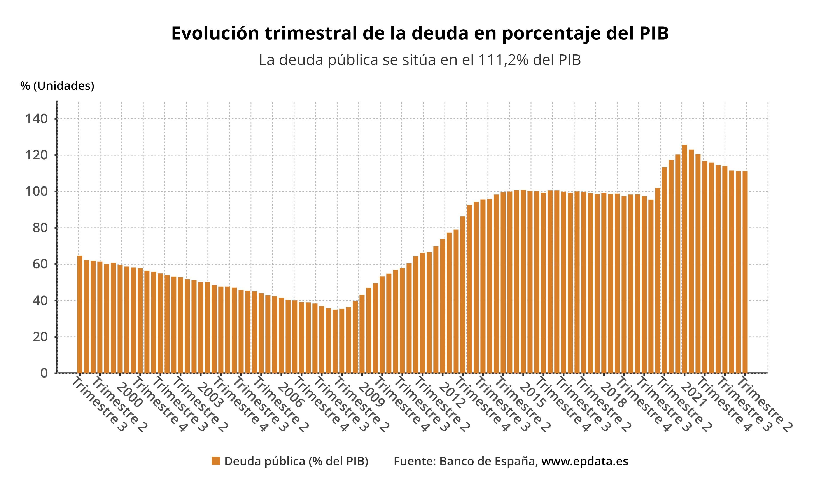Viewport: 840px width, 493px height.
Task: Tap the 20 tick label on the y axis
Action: point(40,337)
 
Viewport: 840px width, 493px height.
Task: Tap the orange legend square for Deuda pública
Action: point(216,461)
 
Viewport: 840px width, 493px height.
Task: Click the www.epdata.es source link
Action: point(585,461)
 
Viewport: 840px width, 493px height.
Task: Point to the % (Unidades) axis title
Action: point(57,86)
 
